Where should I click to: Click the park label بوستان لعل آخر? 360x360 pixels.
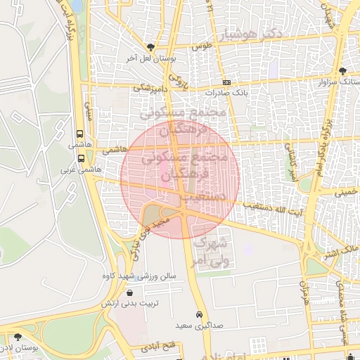click(150, 60)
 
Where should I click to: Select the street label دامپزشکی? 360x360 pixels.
click(150, 89)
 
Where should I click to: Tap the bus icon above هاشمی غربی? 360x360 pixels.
click(82, 158)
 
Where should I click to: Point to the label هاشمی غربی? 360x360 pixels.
click(78, 170)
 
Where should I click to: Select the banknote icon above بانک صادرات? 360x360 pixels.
click(226, 82)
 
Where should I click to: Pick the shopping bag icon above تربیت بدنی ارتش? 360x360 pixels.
click(129, 292)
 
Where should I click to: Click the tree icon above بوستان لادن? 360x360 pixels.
click(17, 338)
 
